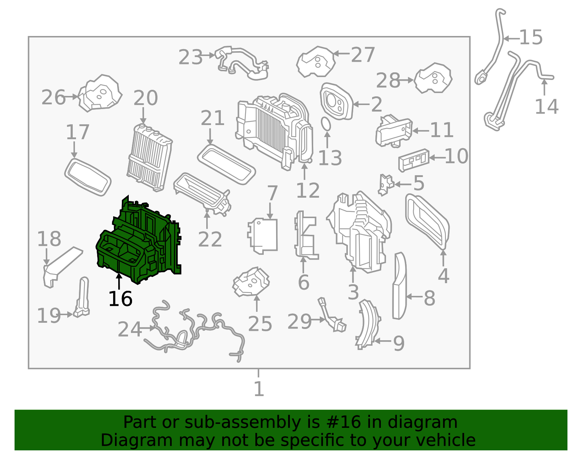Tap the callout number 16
(x=120, y=299)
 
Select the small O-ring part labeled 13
(x=326, y=124)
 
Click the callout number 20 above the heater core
(x=145, y=98)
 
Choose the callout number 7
(x=272, y=193)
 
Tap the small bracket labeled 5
(x=386, y=185)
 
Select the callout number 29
(x=299, y=321)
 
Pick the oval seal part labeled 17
(x=88, y=177)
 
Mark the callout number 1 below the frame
(x=259, y=389)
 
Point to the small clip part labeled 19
(x=82, y=297)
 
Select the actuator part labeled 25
(x=251, y=282)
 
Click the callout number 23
(x=190, y=57)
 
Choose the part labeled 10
(x=414, y=160)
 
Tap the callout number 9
(x=399, y=343)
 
